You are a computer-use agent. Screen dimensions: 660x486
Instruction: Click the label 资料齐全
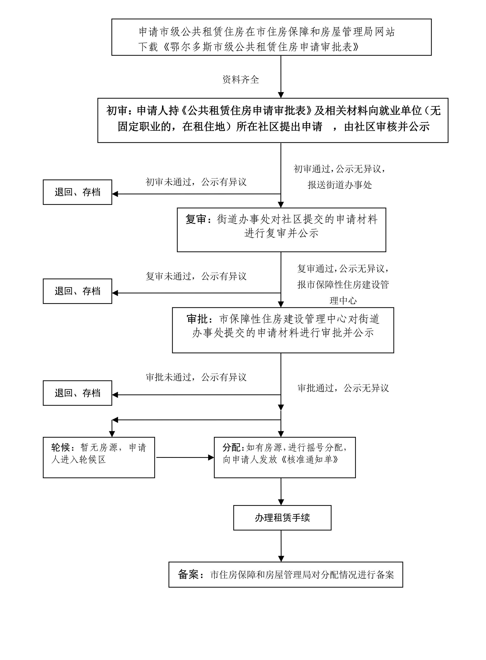coord(240,80)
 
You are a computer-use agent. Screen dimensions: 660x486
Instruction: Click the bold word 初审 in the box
coord(117,111)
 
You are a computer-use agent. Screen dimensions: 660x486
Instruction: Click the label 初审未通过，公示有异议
coord(196,182)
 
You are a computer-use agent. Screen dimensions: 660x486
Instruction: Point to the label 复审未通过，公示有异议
coord(196,276)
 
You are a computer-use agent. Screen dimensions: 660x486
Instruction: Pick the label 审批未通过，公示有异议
coord(196,377)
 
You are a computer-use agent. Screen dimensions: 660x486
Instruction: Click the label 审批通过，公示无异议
coord(343,388)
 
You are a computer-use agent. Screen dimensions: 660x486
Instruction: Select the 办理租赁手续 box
coord(282,517)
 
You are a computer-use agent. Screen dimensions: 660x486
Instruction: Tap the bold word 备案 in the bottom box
coord(188,575)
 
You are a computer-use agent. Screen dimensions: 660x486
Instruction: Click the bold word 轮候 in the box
coord(61,448)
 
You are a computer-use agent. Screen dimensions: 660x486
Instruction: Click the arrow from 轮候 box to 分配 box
coord(185,457)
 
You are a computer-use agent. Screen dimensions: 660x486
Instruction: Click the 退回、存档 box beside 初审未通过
coord(77,192)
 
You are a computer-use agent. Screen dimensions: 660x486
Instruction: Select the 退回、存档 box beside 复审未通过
coord(77,291)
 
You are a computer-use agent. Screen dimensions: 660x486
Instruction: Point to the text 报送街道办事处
coord(340,185)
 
